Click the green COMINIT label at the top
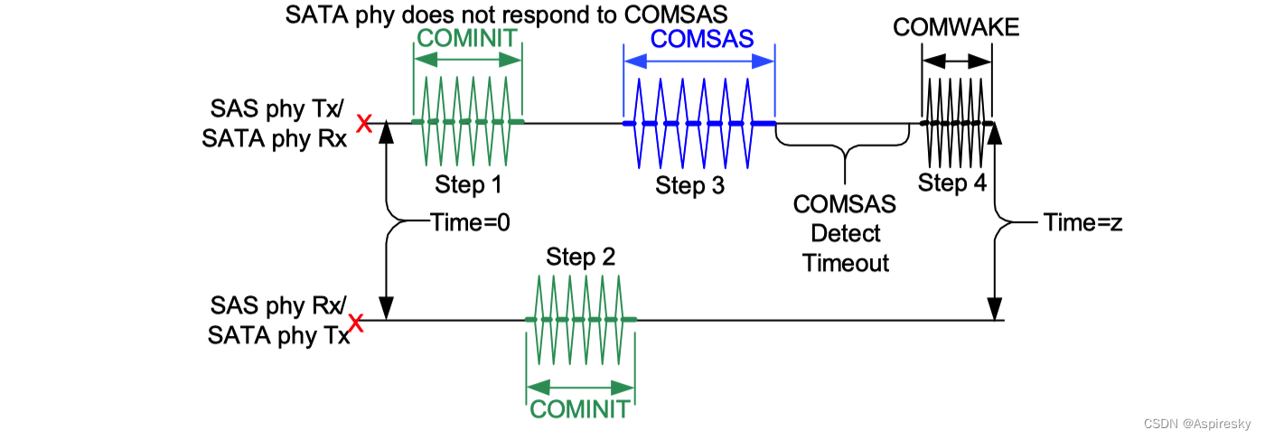coord(467,38)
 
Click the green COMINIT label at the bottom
coord(579,409)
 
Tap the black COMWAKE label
coord(956,28)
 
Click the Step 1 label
coord(468,184)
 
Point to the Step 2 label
coord(581,257)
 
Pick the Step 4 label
coord(952,182)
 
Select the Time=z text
coord(1083,222)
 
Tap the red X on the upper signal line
coord(365,124)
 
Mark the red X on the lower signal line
coord(357,322)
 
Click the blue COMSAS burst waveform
coord(699,123)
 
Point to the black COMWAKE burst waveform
coord(957,123)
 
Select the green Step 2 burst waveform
coord(581,320)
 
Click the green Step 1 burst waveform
coord(467,122)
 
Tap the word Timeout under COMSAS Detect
coord(845,263)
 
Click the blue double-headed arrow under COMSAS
coord(699,61)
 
